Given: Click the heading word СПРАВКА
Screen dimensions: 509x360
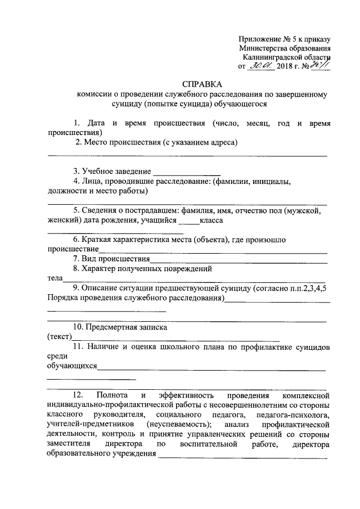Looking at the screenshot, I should (x=201, y=83).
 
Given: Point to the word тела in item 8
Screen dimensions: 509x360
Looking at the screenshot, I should (x=55, y=278).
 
